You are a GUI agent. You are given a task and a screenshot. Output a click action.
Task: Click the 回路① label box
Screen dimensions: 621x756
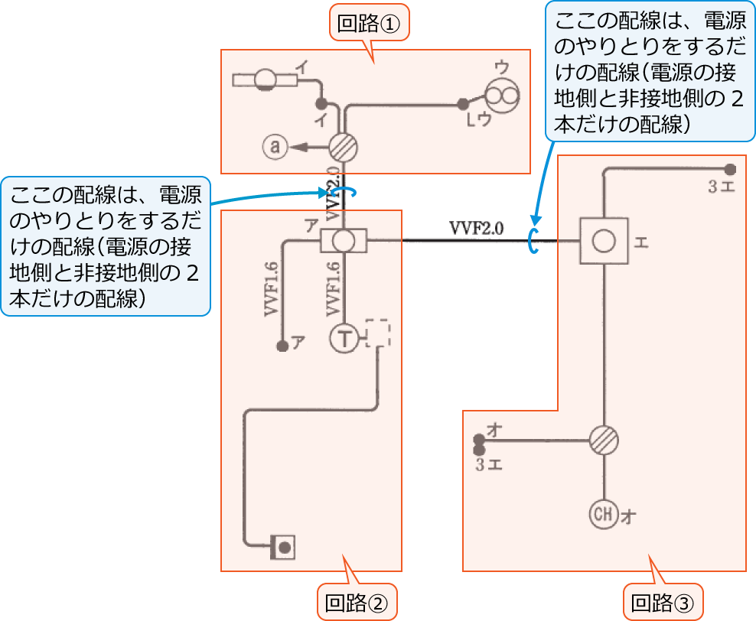coord(370,24)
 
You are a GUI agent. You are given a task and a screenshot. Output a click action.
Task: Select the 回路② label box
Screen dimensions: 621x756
coord(357,603)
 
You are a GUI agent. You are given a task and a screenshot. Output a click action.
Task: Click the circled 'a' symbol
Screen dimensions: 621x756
coord(274,146)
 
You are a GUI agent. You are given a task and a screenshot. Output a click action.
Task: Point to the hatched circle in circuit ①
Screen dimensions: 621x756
coord(344,146)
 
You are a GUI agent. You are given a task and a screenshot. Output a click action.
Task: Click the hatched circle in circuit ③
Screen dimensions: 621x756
coord(604,441)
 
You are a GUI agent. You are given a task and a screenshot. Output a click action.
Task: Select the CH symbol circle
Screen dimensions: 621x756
coord(604,515)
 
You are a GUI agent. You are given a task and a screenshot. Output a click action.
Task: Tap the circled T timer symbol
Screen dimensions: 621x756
coord(344,337)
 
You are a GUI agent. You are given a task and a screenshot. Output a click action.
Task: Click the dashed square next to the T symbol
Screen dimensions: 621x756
coord(378,333)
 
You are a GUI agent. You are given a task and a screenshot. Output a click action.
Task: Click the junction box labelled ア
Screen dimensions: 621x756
coord(344,242)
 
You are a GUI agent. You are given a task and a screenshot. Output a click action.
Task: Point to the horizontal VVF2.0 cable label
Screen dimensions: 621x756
coord(476,227)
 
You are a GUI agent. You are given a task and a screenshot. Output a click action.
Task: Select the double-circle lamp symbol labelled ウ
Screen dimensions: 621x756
coord(503,96)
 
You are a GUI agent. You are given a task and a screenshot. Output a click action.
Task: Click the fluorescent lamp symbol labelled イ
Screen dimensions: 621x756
coord(266,80)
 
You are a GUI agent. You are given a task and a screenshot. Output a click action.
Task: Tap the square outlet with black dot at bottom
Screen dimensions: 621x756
coord(283,548)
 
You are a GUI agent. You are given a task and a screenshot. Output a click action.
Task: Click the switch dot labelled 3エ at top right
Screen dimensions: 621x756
coord(730,170)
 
